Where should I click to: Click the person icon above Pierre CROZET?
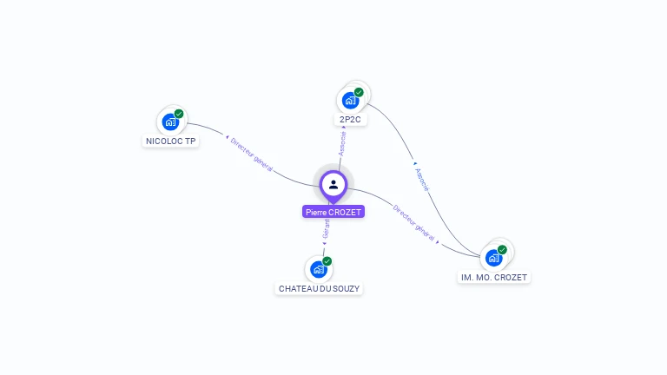coord(333,184)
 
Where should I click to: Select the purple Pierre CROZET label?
coord(333,212)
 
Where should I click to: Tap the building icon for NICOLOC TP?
coord(170,122)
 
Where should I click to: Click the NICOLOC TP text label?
coord(170,141)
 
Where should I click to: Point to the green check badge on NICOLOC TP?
coord(179,114)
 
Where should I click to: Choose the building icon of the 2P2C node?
coord(350,100)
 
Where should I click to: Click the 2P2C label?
coord(351,119)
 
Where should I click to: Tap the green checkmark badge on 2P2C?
coord(359,92)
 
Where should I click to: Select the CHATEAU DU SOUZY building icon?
coord(319,269)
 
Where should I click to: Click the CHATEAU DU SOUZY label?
coord(319,288)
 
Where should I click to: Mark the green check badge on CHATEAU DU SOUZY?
coord(327,261)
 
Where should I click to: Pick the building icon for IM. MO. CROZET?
coord(493,258)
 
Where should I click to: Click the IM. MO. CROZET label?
coord(493,277)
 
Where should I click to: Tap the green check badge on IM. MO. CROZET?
coord(502,250)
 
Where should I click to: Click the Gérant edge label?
coord(326,228)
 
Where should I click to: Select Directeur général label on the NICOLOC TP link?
coord(252,154)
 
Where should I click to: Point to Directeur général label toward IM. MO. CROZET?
coord(413,222)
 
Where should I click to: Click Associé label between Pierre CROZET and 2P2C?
coord(342,144)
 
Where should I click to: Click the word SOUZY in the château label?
coord(344,288)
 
